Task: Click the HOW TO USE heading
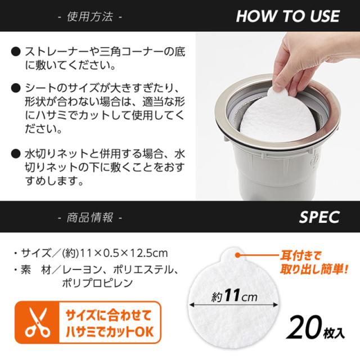point(287,16)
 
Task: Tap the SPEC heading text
point(319,217)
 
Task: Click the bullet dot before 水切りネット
point(15,153)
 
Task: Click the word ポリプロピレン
point(97,283)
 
